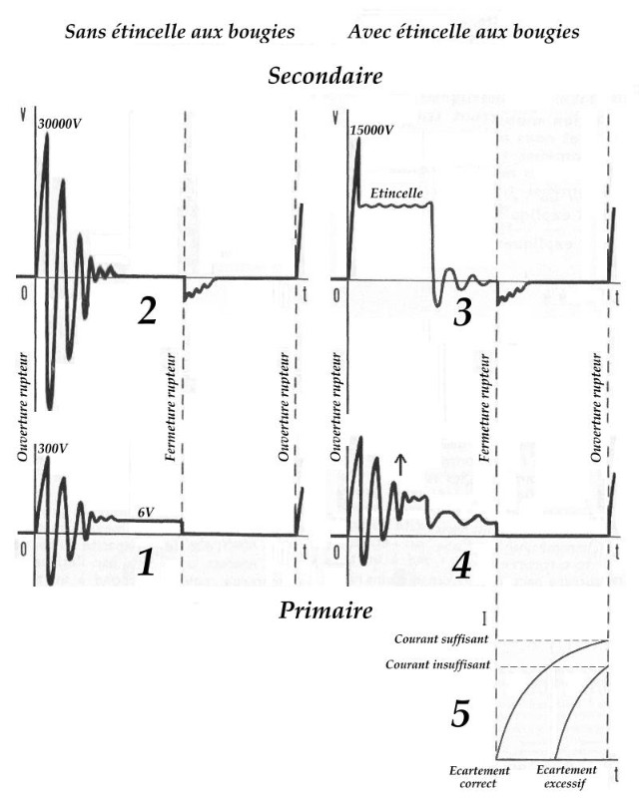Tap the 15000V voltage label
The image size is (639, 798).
click(x=373, y=129)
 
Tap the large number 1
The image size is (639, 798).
click(x=146, y=565)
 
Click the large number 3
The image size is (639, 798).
click(x=461, y=312)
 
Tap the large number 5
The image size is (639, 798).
click(x=460, y=714)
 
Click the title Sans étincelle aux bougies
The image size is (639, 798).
click(x=180, y=32)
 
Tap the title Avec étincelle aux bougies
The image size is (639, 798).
click(x=464, y=32)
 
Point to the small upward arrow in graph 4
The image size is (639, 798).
click(x=400, y=463)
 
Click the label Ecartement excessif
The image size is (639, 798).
click(x=567, y=777)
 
